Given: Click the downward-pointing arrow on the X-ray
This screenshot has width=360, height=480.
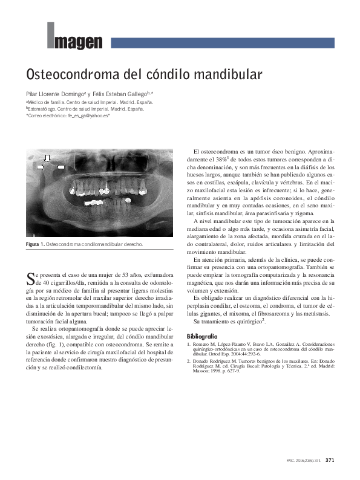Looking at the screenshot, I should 46,158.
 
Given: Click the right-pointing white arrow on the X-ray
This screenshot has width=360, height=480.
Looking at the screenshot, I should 39,169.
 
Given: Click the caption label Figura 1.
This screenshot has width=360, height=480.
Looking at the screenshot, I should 35,245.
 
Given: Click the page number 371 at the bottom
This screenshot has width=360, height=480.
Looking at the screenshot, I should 330,460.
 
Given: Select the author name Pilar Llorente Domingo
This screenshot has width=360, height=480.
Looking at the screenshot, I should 54,95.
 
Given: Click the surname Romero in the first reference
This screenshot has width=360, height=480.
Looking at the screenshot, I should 203,344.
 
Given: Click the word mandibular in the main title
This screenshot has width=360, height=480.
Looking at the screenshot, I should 223,75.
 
